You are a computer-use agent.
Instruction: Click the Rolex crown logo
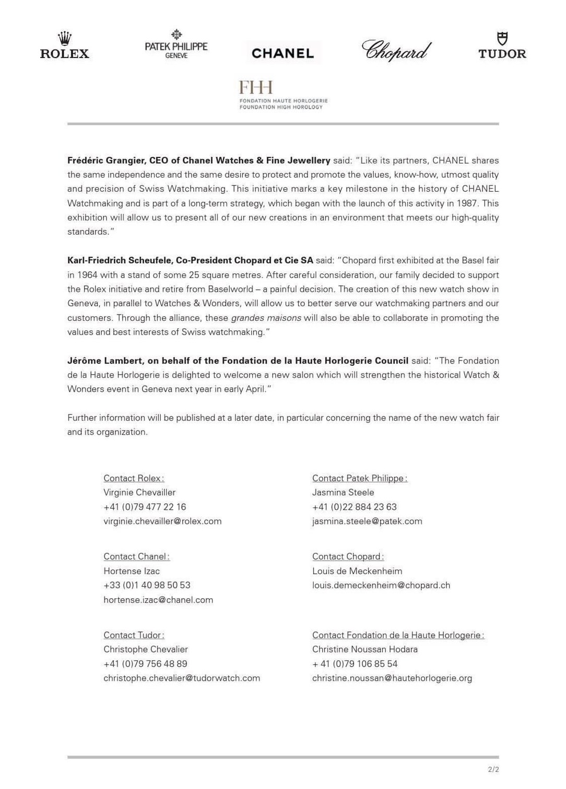point(64,46)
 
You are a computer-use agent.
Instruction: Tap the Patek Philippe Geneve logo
point(176,44)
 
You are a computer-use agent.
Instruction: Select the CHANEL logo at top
point(282,53)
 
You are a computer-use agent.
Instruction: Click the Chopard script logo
point(396,51)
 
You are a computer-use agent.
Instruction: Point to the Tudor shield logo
point(502,46)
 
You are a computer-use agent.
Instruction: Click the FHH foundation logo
point(282,95)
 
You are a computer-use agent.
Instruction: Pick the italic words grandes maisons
point(266,318)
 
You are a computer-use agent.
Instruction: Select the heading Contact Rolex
point(133,478)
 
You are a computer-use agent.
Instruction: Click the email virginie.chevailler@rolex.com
point(162,521)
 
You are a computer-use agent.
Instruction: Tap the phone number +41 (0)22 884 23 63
point(354,507)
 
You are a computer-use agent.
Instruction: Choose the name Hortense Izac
point(132,571)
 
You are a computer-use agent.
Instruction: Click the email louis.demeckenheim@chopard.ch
point(381,585)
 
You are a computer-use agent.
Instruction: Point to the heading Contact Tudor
point(133,635)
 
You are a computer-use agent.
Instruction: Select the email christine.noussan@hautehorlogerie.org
point(392,678)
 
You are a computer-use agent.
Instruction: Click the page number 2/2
point(493,770)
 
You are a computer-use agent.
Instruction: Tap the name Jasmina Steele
point(343,492)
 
